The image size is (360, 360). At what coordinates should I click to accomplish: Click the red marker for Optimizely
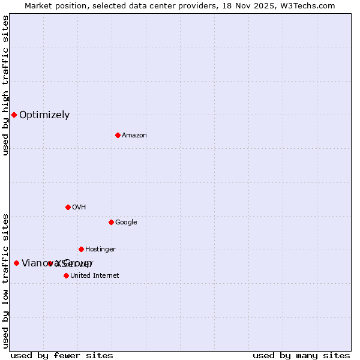click(x=14, y=115)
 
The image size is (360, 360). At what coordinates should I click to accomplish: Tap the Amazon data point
click(x=118, y=135)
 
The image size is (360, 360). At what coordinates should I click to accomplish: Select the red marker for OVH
click(x=68, y=207)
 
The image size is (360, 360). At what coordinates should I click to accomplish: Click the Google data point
click(x=111, y=222)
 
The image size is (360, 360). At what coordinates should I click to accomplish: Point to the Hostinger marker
click(x=81, y=249)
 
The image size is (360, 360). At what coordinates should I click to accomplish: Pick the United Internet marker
click(x=66, y=275)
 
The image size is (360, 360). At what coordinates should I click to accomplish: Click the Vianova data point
click(x=16, y=263)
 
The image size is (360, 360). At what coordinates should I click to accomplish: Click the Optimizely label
click(x=44, y=115)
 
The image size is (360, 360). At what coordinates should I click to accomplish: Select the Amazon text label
click(x=134, y=136)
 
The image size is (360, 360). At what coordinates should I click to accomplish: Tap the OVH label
click(x=79, y=208)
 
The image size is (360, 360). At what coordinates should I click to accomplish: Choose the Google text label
click(x=126, y=223)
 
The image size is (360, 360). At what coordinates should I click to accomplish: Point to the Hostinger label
click(x=100, y=250)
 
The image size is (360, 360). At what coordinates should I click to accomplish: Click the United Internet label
click(x=95, y=276)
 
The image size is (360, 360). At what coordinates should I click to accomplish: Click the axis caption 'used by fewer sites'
click(x=62, y=356)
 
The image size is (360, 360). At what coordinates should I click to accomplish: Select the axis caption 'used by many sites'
click(x=301, y=356)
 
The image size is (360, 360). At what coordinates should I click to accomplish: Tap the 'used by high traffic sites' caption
click(x=6, y=86)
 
